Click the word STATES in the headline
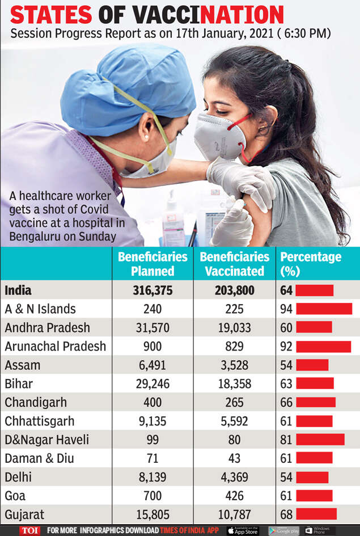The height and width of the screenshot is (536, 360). (51, 15)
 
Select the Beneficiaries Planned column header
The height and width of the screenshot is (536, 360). (153, 264)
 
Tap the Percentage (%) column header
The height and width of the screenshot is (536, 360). (311, 264)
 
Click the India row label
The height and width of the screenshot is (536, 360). (18, 290)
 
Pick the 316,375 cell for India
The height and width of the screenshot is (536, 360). (153, 290)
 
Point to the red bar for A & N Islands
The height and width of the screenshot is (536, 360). (324, 309)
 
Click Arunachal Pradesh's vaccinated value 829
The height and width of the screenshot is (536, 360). (234, 347)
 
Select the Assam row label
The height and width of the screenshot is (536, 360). (23, 365)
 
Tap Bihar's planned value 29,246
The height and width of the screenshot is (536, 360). (153, 384)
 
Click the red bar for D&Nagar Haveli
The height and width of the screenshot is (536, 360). (320, 439)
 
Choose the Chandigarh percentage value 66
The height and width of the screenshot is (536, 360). (286, 402)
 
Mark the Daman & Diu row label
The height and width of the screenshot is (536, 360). (39, 458)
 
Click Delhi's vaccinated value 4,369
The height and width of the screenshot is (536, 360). (234, 477)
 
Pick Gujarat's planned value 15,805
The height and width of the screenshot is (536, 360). (153, 514)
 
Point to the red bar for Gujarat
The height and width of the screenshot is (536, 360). (316, 514)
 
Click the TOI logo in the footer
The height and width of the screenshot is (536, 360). (29, 530)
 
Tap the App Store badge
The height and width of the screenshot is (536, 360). (243, 530)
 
